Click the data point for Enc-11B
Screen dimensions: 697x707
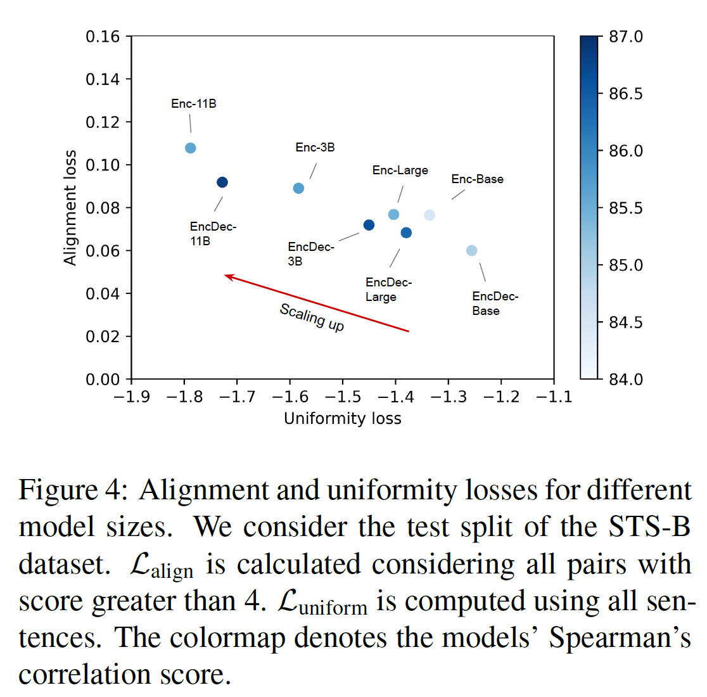[x=190, y=148]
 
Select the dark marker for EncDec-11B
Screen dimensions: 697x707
[x=222, y=182]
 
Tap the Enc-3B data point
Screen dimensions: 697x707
[x=298, y=188]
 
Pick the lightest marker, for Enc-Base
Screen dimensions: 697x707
[x=430, y=215]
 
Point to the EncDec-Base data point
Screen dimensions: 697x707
[x=471, y=250]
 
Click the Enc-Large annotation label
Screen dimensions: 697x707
[x=400, y=170]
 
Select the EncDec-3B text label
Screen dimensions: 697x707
[x=310, y=253]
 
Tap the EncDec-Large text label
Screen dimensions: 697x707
[x=388, y=290]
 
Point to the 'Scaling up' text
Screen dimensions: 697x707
[x=312, y=317]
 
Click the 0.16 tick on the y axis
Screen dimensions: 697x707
[x=103, y=37]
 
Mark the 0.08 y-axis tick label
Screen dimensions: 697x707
[x=103, y=208]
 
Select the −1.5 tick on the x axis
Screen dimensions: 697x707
[x=343, y=397]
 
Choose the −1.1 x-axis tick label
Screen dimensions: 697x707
[x=554, y=397]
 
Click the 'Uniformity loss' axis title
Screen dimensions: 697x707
[x=342, y=418]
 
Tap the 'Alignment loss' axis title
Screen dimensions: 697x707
[x=70, y=208]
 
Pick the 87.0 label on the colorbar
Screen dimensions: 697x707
[x=625, y=37]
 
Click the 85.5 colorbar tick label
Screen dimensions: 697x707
[x=625, y=208]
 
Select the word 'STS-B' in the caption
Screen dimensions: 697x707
[x=649, y=527]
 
